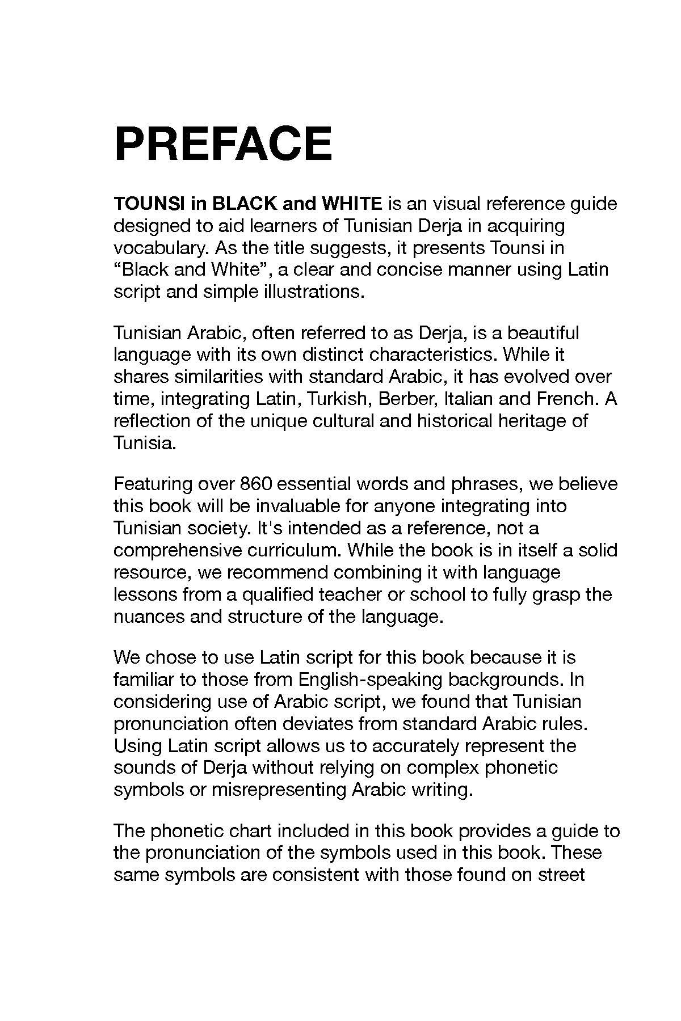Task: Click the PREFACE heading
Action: (x=222, y=144)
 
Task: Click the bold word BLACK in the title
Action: (x=243, y=203)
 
